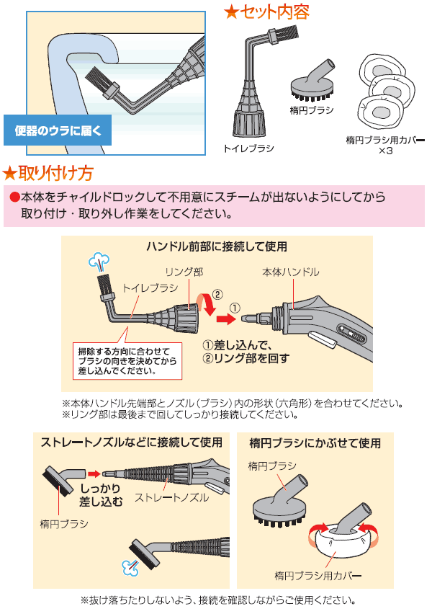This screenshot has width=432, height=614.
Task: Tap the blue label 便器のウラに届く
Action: pos(58,131)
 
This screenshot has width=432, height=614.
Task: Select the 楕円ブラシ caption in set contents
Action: pos(311,110)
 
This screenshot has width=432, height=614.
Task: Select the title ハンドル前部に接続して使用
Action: pos(216,246)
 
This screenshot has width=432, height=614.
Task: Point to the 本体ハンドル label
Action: pos(290,272)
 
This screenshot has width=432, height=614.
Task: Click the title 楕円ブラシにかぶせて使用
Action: pos(315,442)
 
